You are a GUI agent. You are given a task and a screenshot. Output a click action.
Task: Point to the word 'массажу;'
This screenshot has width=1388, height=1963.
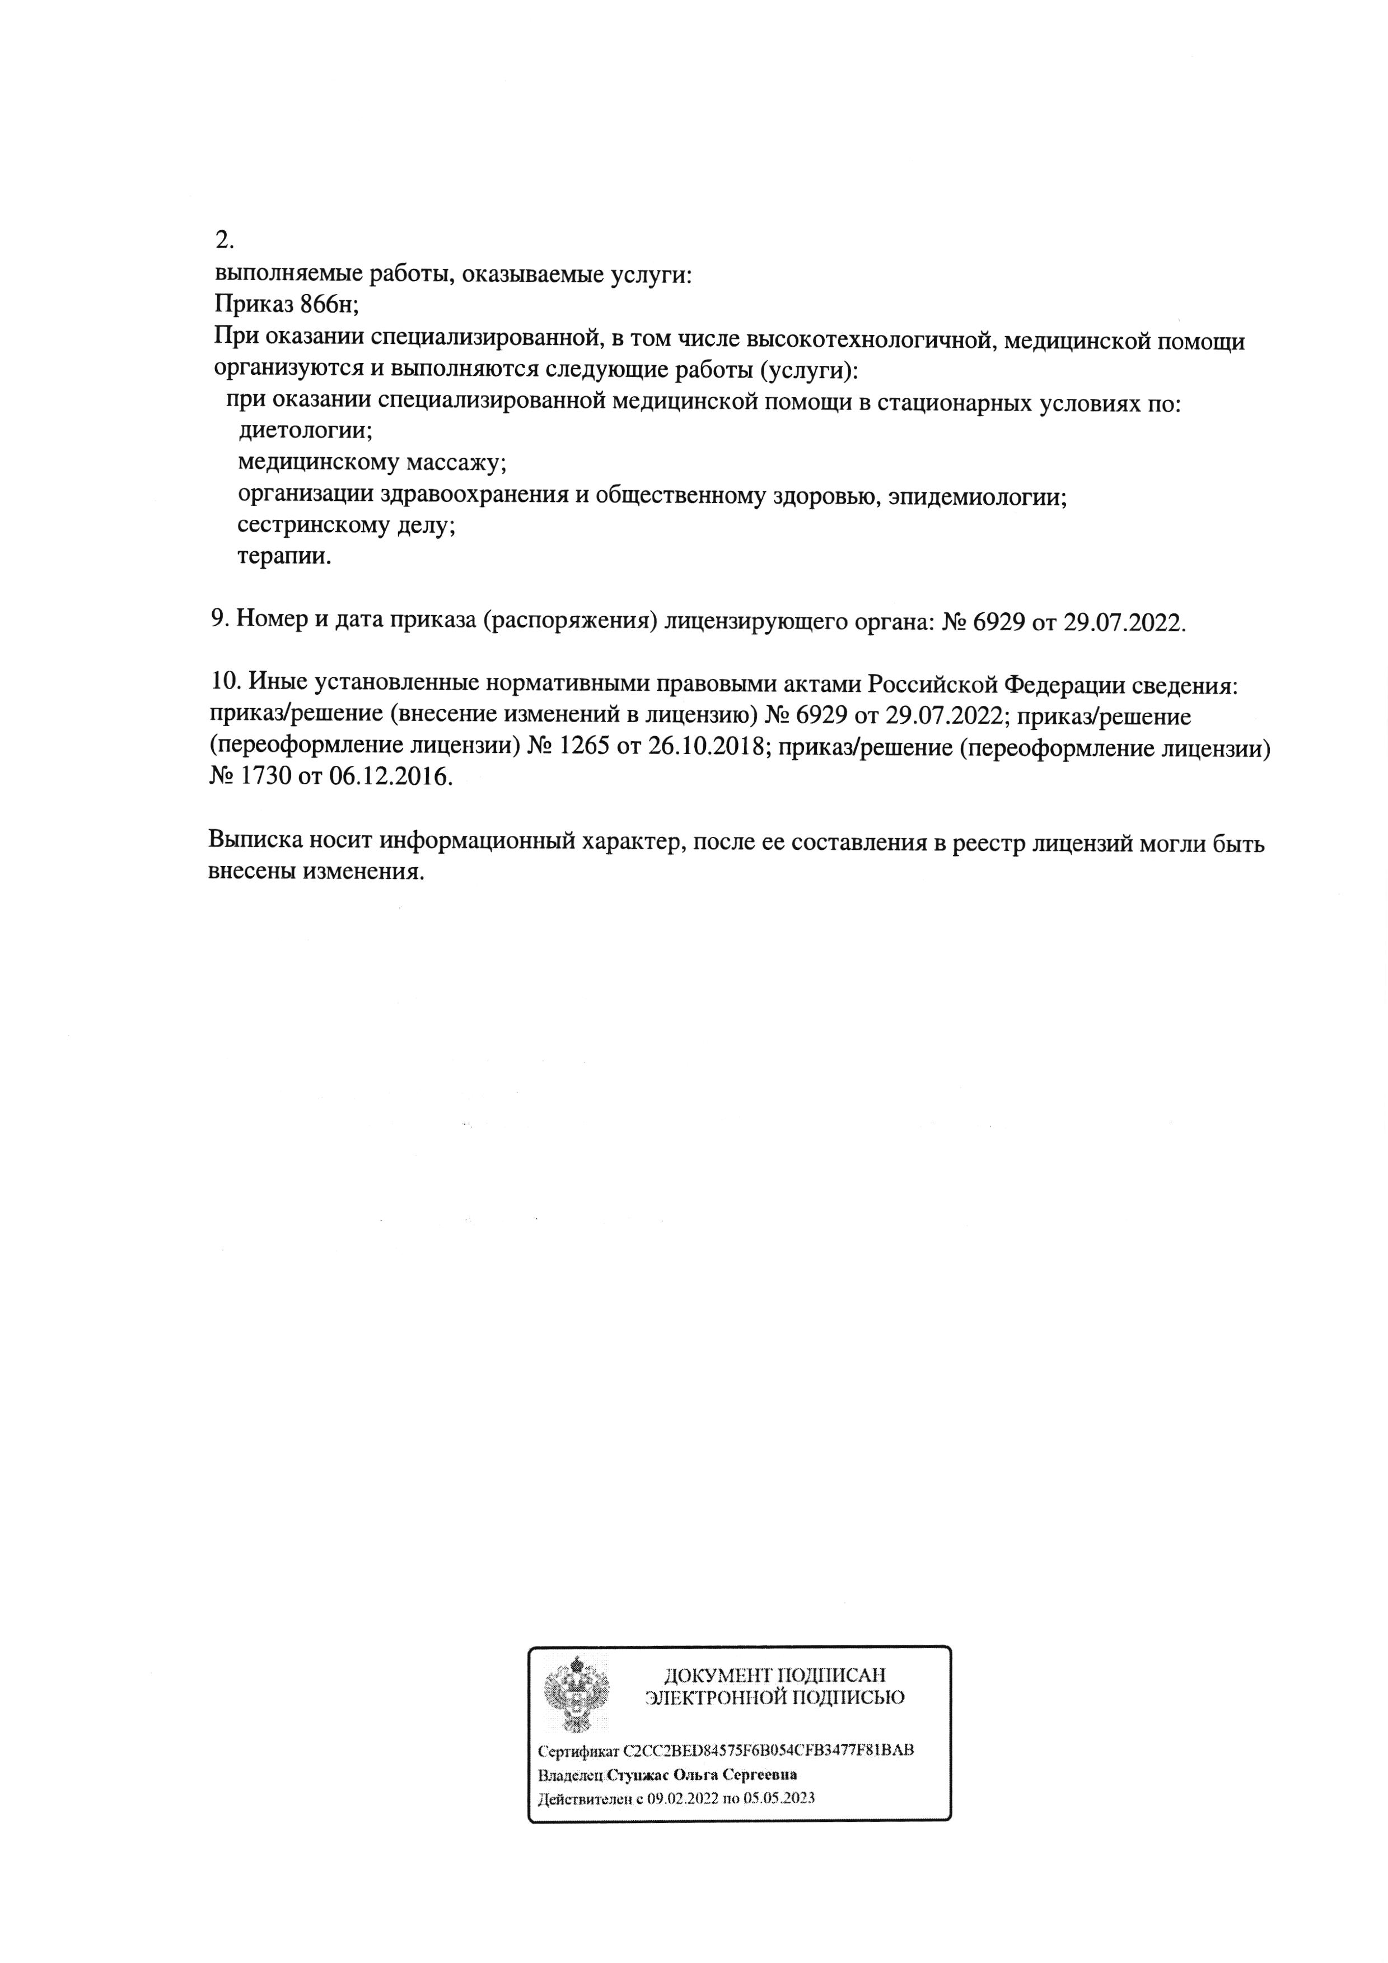pyautogui.click(x=456, y=463)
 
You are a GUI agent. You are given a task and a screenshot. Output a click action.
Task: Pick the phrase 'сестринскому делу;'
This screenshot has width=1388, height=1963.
pyautogui.click(x=346, y=526)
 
